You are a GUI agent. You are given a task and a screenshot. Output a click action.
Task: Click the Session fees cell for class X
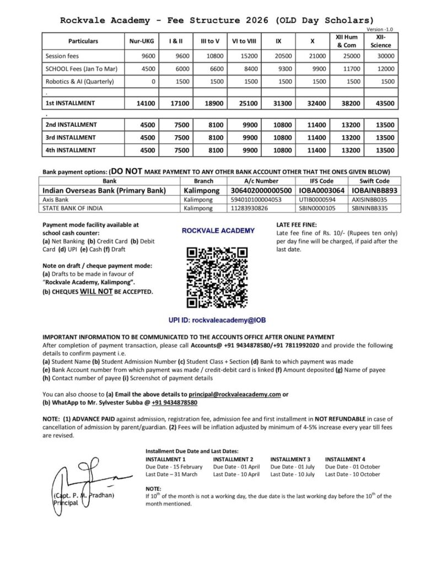tap(315, 56)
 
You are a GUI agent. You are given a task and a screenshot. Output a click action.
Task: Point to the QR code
tap(218, 277)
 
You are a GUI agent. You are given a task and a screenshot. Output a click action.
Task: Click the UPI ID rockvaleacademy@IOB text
tap(218, 319)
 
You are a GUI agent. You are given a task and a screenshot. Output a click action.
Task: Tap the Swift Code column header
tap(374, 180)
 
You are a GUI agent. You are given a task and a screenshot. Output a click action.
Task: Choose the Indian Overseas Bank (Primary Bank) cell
tap(104, 190)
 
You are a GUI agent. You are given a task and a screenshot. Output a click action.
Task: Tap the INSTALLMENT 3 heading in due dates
tap(290, 459)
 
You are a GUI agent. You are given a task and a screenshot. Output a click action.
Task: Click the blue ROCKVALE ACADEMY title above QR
tap(218, 231)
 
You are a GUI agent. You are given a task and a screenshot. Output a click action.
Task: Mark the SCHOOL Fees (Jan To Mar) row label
tap(83, 69)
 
